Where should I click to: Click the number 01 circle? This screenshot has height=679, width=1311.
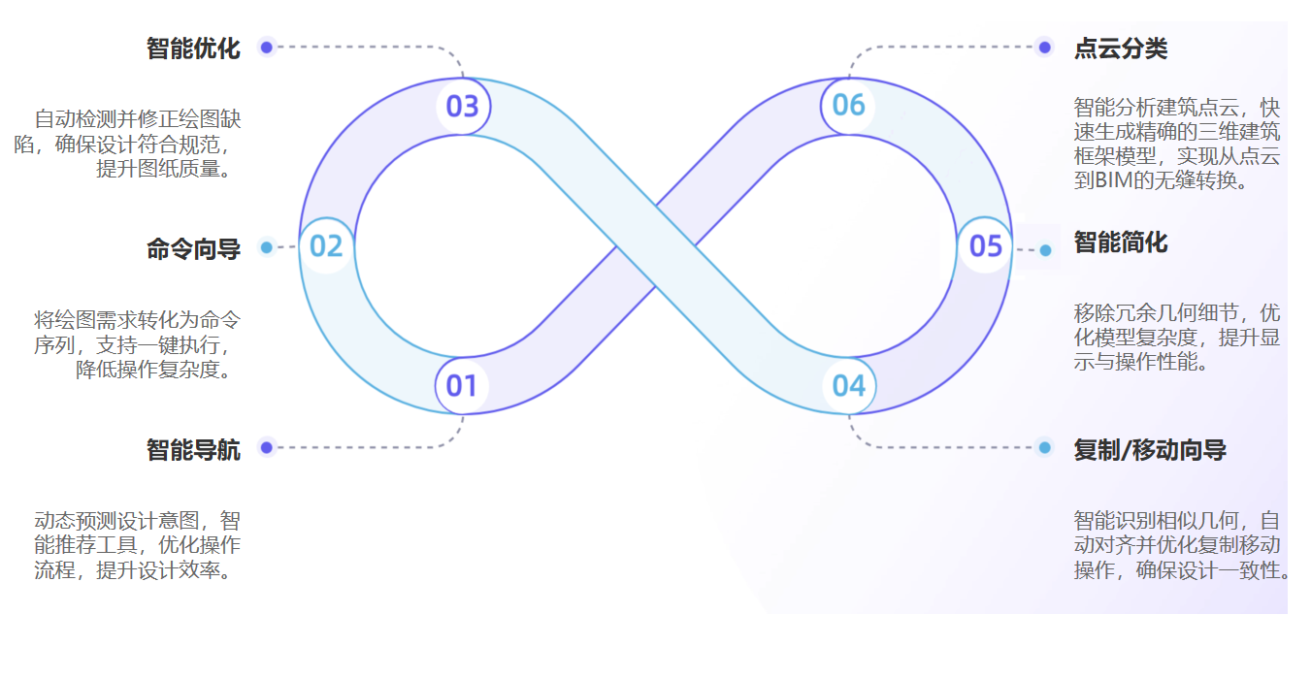pyautogui.click(x=462, y=385)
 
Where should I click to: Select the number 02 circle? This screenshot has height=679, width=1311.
pyautogui.click(x=327, y=245)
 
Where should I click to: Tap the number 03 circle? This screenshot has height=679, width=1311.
pyautogui.click(x=463, y=107)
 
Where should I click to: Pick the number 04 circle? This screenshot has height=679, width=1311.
pyautogui.click(x=849, y=385)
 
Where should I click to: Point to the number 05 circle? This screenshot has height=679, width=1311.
pyautogui.click(x=985, y=245)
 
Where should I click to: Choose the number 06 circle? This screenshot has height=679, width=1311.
pyautogui.click(x=848, y=106)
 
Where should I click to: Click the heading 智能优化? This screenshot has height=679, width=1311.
pyautogui.click(x=193, y=48)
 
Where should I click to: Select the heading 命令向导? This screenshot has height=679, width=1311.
pyautogui.click(x=193, y=248)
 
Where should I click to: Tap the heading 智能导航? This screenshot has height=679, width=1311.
pyautogui.click(x=193, y=450)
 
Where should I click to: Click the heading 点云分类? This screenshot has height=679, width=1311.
pyautogui.click(x=1121, y=48)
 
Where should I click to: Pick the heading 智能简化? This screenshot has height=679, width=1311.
pyautogui.click(x=1121, y=242)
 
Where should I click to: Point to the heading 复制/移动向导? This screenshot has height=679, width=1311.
pyautogui.click(x=1150, y=450)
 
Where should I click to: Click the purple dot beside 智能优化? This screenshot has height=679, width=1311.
pyautogui.click(x=266, y=47)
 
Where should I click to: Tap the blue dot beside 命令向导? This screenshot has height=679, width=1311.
pyautogui.click(x=266, y=247)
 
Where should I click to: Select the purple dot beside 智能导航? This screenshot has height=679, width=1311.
pyautogui.click(x=266, y=447)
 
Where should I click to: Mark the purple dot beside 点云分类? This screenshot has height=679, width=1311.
pyautogui.click(x=1045, y=47)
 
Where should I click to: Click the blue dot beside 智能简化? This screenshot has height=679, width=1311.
pyautogui.click(x=1045, y=250)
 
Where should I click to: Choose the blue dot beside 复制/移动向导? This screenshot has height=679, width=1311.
pyautogui.click(x=1045, y=447)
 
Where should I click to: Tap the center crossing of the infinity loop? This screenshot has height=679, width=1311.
pyautogui.click(x=656, y=245)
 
